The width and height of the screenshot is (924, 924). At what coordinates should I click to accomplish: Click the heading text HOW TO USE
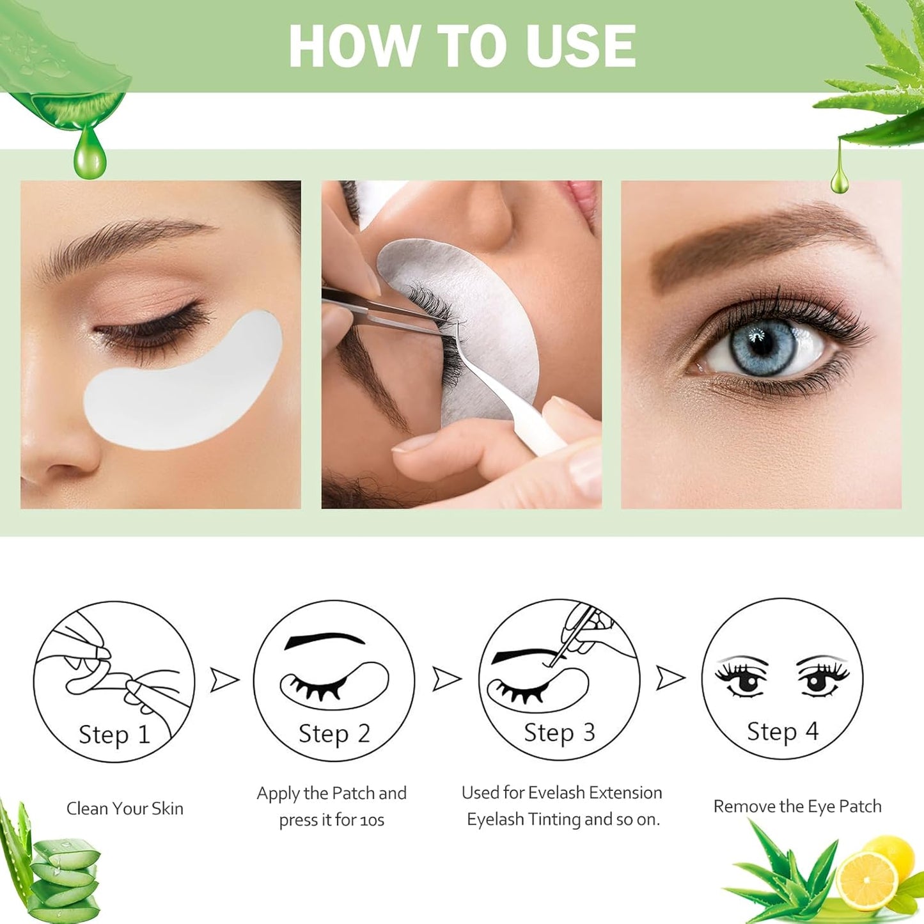click(x=462, y=45)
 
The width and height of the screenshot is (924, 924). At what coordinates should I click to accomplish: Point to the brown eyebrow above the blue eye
click(x=761, y=243)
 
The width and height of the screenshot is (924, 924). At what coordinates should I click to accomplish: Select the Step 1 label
click(x=114, y=735)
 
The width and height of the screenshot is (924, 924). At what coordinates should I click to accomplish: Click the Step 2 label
click(x=334, y=734)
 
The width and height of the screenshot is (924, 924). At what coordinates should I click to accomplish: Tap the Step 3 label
click(x=559, y=733)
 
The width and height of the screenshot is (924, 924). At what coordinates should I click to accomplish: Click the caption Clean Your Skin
click(x=125, y=808)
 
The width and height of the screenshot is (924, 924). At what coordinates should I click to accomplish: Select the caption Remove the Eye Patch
click(x=797, y=806)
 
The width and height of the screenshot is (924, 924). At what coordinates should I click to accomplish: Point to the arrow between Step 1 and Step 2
click(x=224, y=680)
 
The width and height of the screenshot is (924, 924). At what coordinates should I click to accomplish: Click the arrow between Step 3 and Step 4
click(x=670, y=678)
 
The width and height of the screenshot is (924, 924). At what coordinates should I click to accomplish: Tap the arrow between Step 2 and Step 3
click(x=446, y=678)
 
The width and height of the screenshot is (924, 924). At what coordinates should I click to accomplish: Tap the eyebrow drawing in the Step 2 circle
click(x=324, y=640)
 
